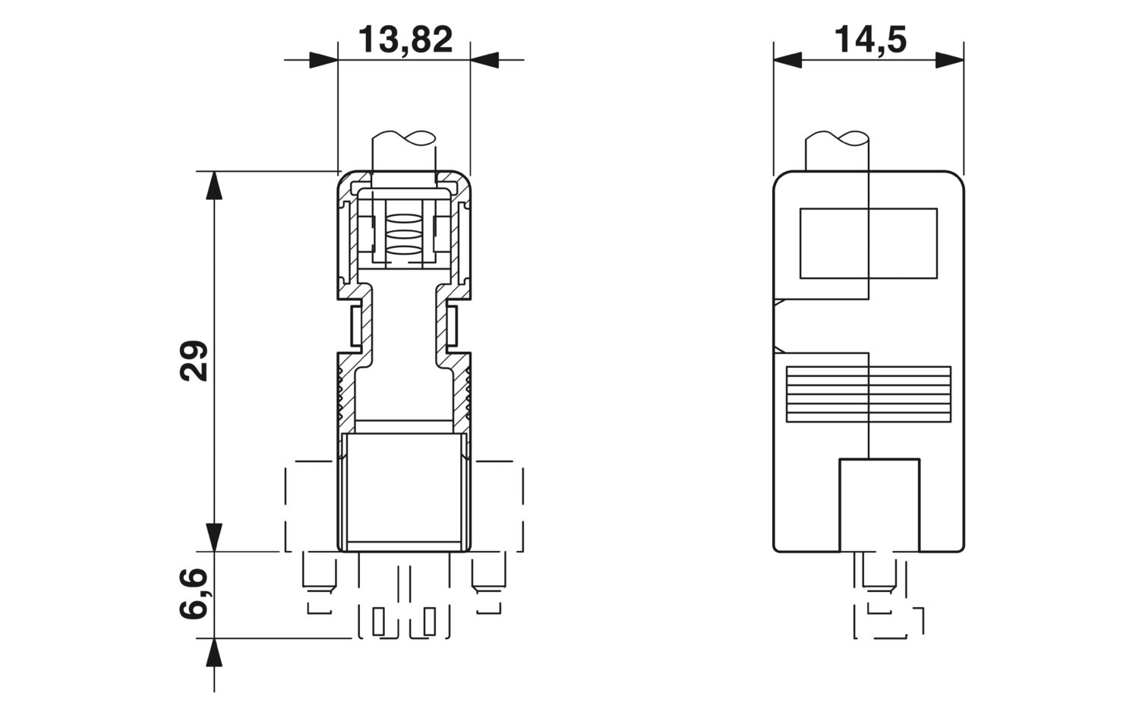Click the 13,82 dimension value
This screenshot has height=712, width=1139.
click(x=405, y=40)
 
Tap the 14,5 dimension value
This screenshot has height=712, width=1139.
click(x=870, y=40)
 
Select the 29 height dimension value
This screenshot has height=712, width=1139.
click(x=194, y=361)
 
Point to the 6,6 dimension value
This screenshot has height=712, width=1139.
click(x=194, y=594)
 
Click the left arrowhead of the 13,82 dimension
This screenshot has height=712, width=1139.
click(x=323, y=60)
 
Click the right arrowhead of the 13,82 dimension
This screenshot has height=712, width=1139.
click(x=484, y=60)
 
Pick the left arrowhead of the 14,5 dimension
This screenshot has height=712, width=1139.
click(x=787, y=60)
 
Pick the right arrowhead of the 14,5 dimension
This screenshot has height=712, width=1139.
click(x=950, y=60)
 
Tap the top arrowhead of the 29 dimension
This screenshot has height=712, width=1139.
click(x=214, y=185)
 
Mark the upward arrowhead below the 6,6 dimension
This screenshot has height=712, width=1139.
click(x=214, y=653)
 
